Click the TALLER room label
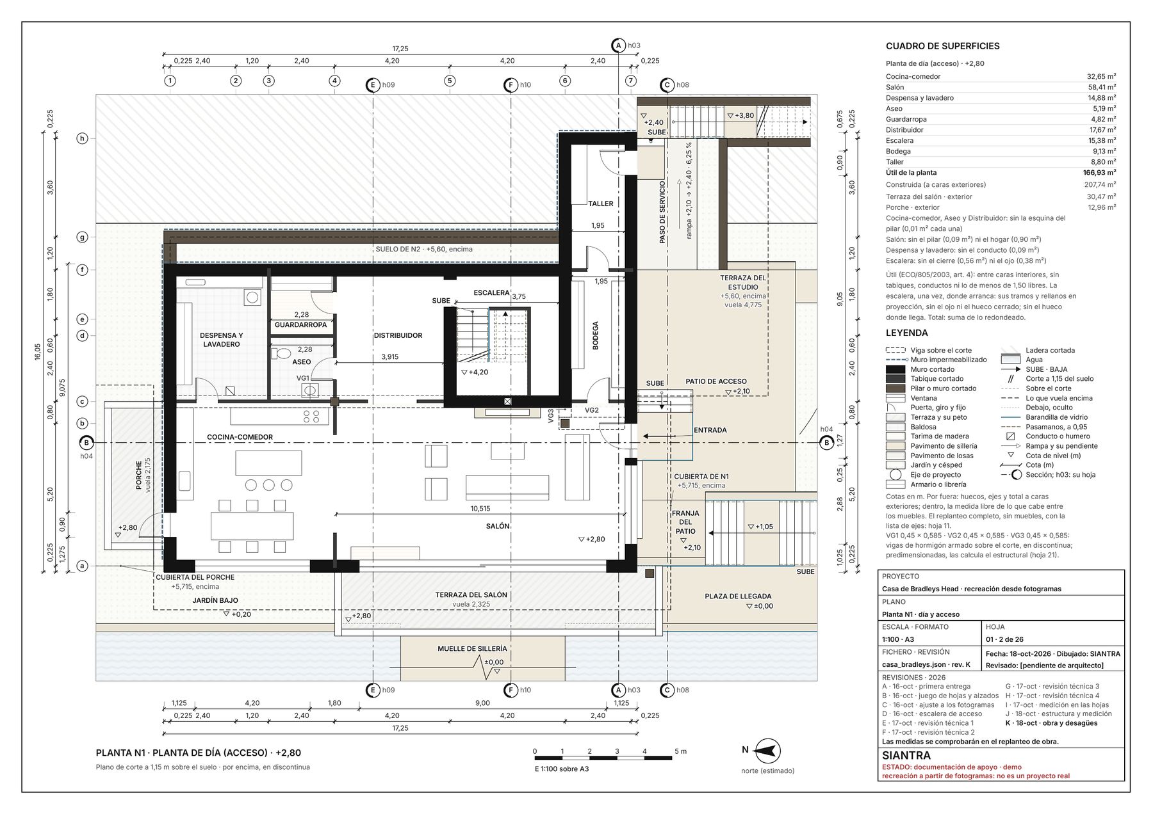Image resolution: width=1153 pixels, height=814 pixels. tap(600, 203)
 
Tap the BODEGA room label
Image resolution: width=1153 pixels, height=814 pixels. tap(595, 335)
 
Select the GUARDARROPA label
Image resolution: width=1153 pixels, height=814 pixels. tap(300, 324)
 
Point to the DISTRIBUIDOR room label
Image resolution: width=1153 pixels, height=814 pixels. tap(398, 335)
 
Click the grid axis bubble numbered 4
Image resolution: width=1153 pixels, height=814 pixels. tap(334, 81)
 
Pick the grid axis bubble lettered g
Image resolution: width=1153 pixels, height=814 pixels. tap(82, 237)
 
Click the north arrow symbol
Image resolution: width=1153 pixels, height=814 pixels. tap(767, 750)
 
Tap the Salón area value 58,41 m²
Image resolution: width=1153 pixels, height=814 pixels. tap(1101, 87)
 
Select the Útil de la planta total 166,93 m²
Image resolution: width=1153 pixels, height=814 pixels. tap(1099, 173)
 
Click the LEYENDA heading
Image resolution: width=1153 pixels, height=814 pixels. tap(906, 333)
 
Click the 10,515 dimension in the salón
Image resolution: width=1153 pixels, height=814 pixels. tap(480, 509)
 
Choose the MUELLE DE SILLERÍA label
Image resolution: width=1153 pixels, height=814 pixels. tap(472, 648)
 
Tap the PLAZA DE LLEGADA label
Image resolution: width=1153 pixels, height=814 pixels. tap(738, 596)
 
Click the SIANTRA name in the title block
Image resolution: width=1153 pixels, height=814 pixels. tap(906, 756)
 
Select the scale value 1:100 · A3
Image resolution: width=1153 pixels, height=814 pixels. tap(897, 639)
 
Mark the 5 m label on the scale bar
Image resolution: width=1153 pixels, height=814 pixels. tap(680, 751)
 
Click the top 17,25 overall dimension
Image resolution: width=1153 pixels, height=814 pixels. tap(400, 49)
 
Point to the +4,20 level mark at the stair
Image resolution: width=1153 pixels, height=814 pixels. tap(475, 372)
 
